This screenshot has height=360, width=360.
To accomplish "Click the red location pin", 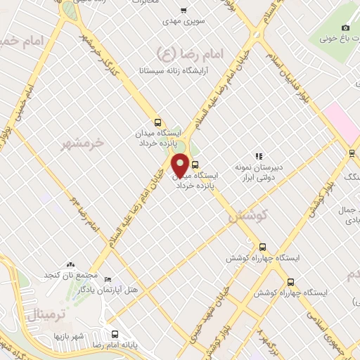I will [x=180, y=165].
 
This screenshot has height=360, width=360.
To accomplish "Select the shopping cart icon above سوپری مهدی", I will [x=184, y=11].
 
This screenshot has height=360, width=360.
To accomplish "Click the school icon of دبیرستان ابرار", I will [x=259, y=156].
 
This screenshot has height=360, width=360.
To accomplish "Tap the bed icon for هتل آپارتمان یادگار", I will [x=106, y=279].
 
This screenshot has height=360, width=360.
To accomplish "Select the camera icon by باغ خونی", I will [x=345, y=27].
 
